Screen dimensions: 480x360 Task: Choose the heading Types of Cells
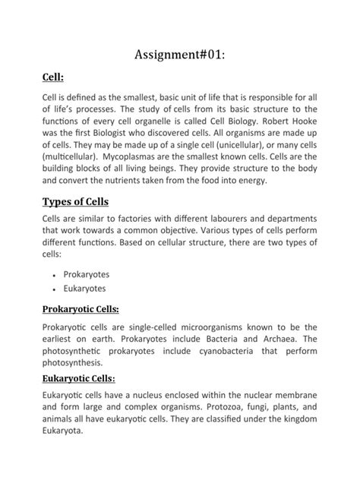[75, 202]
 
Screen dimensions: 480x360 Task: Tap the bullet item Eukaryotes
[86, 289]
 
